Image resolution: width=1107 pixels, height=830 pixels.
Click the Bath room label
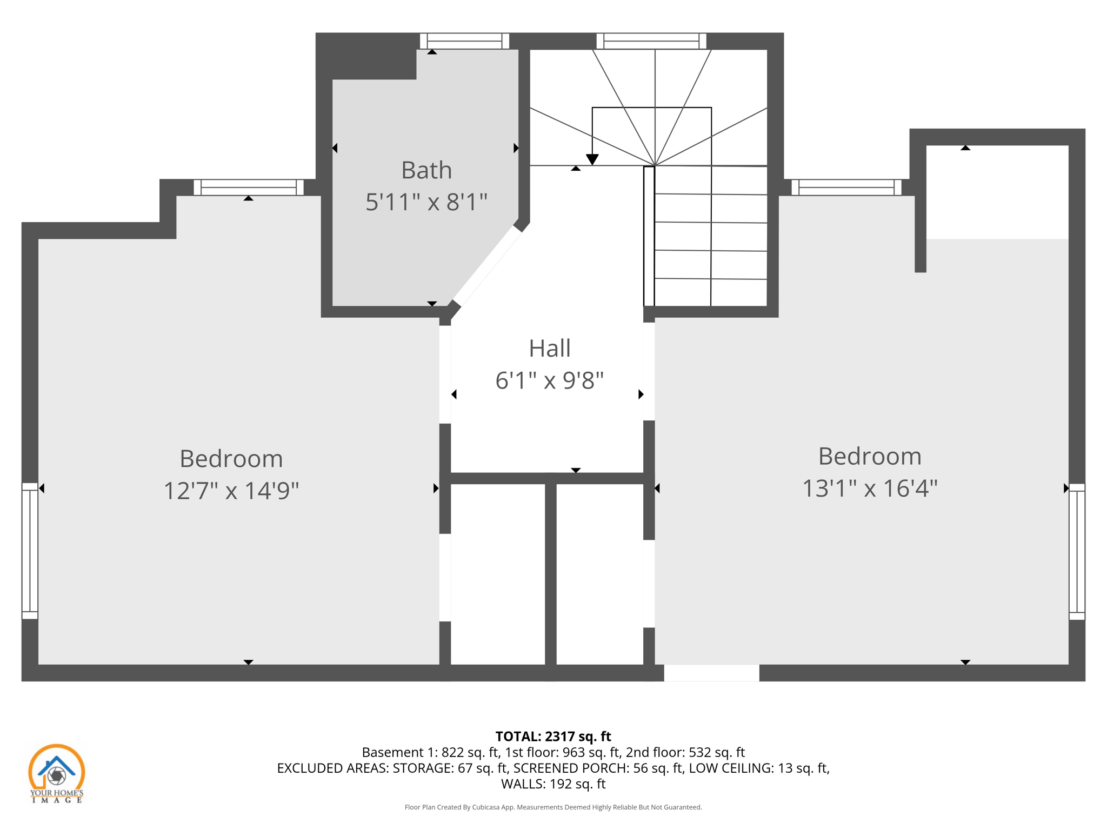pyautogui.click(x=426, y=170)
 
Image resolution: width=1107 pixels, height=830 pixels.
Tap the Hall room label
pyautogui.click(x=549, y=349)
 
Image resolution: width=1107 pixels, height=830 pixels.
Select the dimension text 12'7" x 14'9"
pyautogui.click(x=231, y=491)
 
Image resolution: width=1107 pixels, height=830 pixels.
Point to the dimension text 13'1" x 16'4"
pyautogui.click(x=869, y=488)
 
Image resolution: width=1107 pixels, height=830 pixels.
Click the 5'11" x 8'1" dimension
pyautogui.click(x=426, y=202)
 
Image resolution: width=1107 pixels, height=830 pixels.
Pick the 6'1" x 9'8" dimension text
pyautogui.click(x=549, y=380)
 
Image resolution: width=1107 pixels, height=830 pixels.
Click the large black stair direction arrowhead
pyautogui.click(x=592, y=159)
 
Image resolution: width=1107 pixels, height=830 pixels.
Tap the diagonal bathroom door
pyautogui.click(x=487, y=266)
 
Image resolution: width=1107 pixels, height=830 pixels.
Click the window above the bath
pyautogui.click(x=464, y=41)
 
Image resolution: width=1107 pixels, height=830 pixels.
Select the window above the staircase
pyautogui.click(x=651, y=41)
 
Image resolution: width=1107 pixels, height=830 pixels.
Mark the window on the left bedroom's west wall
pyautogui.click(x=30, y=551)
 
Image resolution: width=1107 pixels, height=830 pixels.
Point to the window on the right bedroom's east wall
pyautogui.click(x=1077, y=551)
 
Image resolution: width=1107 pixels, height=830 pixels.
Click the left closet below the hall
pyautogui.click(x=497, y=573)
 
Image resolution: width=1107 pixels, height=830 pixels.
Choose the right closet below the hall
pyautogui.click(x=600, y=573)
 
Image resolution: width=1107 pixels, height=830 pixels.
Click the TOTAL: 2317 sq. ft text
pyautogui.click(x=553, y=737)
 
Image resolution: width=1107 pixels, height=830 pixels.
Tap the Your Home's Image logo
pyautogui.click(x=56, y=773)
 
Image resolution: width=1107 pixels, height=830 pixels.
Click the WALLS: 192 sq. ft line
pyautogui.click(x=553, y=784)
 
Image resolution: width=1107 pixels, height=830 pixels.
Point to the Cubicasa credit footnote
pyautogui.click(x=553, y=807)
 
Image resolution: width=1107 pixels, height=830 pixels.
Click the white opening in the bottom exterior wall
pyautogui.click(x=711, y=673)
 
